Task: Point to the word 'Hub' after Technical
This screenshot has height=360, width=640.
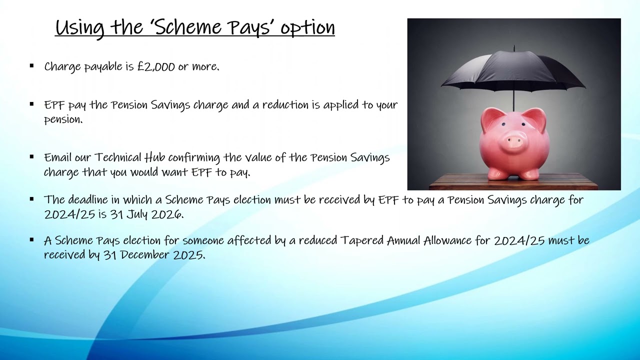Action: pyautogui.click(x=154, y=157)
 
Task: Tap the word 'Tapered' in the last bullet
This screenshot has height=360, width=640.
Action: pyautogui.click(x=362, y=240)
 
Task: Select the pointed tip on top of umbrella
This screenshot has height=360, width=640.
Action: pyautogui.click(x=514, y=47)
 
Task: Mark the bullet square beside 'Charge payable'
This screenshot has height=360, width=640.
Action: pyautogui.click(x=32, y=65)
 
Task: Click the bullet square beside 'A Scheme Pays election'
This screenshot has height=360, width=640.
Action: pyautogui.click(x=32, y=239)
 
